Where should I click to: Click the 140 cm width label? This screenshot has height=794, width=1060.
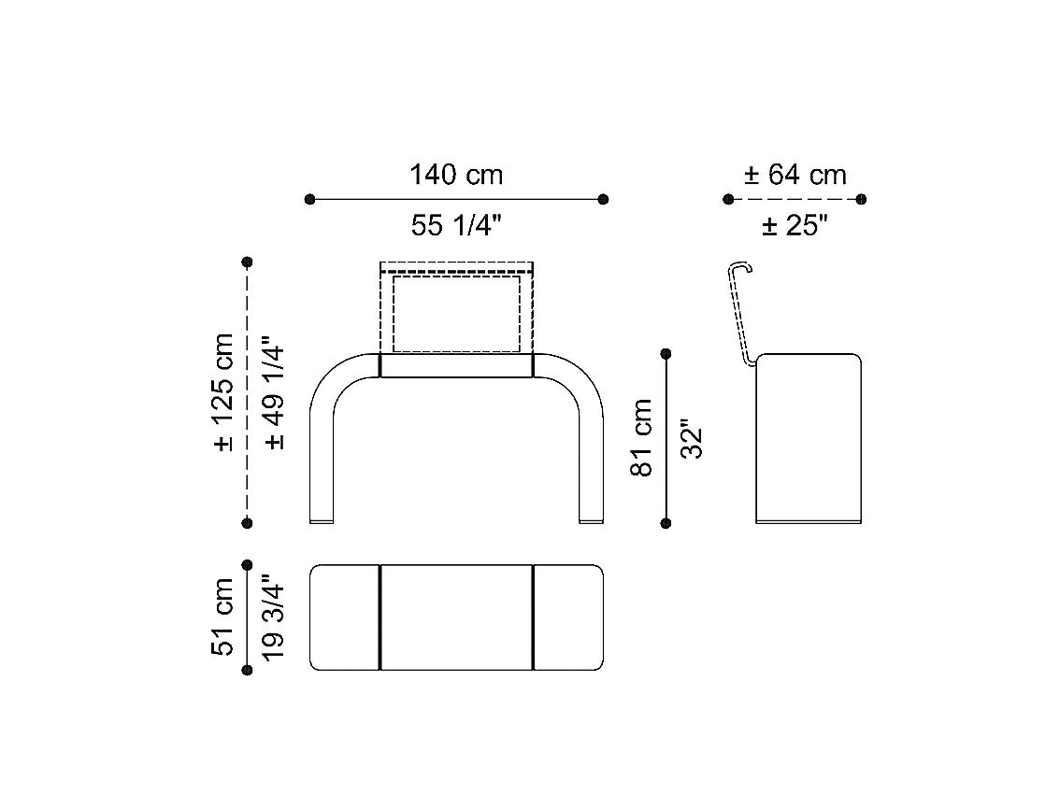[456, 175]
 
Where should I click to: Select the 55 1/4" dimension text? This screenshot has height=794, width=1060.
[456, 225]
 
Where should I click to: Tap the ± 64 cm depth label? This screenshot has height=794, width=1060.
[795, 175]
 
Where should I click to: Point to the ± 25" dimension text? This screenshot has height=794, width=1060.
[795, 225]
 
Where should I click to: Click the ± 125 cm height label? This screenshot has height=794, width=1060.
[223, 392]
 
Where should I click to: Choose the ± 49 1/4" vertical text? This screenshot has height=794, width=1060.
[275, 392]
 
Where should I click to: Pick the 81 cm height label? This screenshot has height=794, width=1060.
[641, 438]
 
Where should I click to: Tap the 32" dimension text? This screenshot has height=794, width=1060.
[692, 440]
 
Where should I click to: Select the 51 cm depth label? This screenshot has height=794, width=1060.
[222, 617]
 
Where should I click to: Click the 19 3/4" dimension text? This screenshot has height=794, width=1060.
[273, 617]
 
